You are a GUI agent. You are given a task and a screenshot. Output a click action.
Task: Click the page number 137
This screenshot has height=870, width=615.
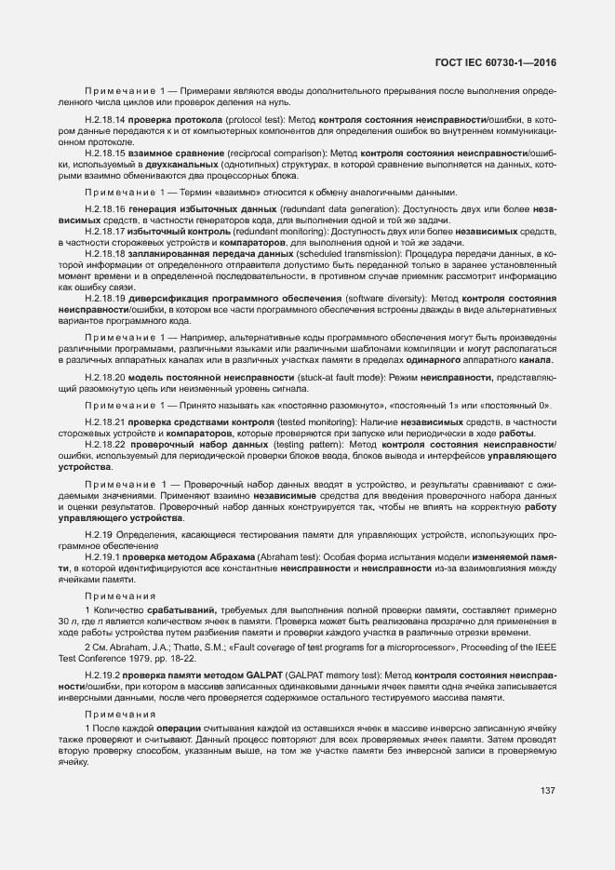(x=548, y=790)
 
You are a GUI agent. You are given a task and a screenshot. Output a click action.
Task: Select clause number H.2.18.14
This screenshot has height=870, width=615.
(x=104, y=121)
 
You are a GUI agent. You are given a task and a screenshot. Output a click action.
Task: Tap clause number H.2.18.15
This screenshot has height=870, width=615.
(x=104, y=152)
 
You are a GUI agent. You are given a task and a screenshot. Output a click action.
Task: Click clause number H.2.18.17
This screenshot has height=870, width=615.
(x=104, y=229)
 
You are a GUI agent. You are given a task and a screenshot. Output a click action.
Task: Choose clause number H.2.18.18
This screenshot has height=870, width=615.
(x=104, y=252)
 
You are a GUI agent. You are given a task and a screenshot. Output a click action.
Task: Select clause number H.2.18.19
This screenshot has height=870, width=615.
(x=104, y=297)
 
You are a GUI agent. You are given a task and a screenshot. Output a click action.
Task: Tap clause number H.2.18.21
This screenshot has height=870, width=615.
(x=104, y=422)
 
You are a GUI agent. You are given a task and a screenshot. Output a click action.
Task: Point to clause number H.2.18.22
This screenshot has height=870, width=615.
(x=104, y=445)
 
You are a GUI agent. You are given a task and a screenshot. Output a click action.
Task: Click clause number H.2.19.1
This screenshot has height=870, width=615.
(x=101, y=556)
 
